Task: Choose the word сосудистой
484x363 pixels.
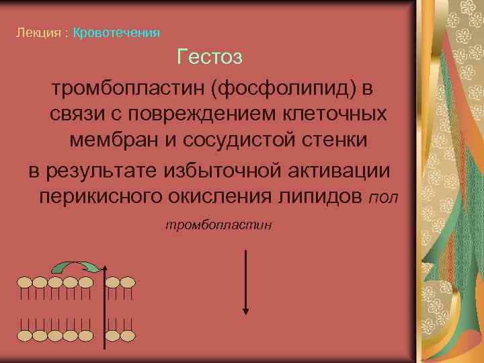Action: point(245,140)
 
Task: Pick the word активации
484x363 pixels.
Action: point(340,169)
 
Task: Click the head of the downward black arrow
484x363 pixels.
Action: point(246,311)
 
